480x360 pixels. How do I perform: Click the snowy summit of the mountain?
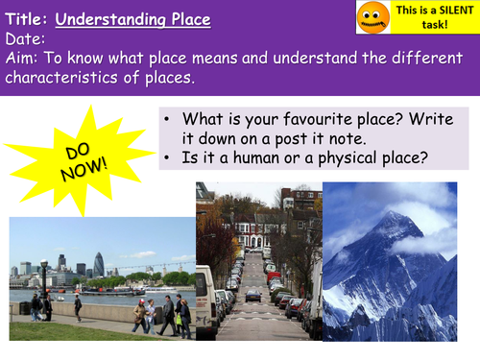coord(393,217)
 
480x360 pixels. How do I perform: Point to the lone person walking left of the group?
coord(78,307)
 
